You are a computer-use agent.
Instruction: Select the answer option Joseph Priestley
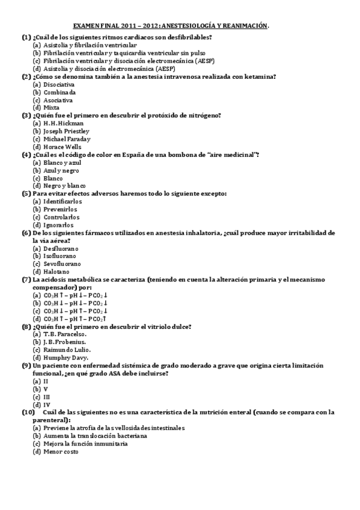point(67,131)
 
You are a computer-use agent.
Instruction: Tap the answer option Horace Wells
point(63,146)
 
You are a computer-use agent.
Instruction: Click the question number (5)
point(26,194)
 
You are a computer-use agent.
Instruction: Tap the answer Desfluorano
point(61,248)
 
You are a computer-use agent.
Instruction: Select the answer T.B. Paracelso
point(65,334)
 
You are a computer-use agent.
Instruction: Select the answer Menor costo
point(60,451)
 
